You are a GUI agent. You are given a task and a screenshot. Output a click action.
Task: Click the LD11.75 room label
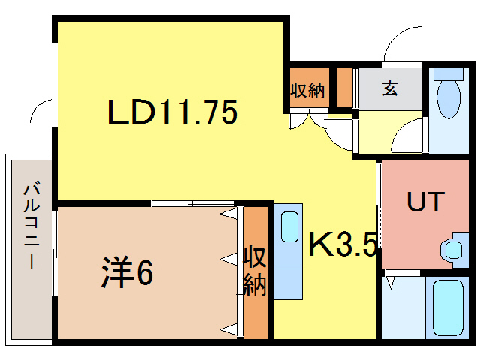[172, 112]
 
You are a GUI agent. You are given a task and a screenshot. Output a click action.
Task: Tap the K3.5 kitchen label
[343, 244]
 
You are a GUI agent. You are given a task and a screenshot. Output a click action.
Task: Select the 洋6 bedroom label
[127, 271]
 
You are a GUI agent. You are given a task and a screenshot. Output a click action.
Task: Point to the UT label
[425, 202]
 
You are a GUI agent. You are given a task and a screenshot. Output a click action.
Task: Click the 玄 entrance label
[390, 88]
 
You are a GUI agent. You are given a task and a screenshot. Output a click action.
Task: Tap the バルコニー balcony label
[31, 226]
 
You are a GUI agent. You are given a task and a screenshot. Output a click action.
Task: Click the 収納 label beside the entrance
[307, 90]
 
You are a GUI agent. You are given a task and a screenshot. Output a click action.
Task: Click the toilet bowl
[448, 98]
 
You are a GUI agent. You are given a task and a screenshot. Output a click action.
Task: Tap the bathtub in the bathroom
[448, 307]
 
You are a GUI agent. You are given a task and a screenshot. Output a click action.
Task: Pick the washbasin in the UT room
[454, 250]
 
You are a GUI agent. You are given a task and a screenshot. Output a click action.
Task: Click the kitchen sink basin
[289, 227]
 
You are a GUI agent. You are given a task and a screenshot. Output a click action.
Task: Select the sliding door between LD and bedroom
[193, 203]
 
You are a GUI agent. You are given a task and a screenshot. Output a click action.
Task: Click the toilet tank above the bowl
[448, 74]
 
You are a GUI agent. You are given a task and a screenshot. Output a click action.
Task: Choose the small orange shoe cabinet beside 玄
[344, 88]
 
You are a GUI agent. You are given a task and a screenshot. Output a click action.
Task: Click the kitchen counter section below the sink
[288, 282]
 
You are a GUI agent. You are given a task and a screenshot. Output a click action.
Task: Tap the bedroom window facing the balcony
[55, 253]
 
